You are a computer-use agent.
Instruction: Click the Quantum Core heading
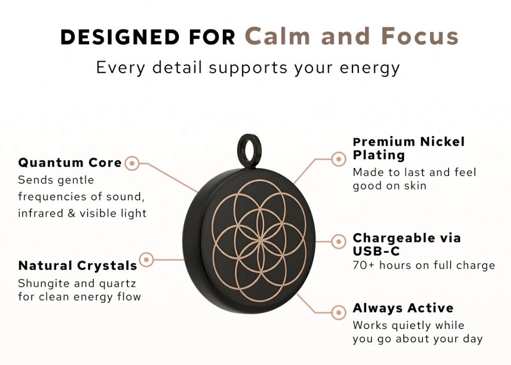pos(70,162)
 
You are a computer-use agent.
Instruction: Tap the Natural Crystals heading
pos(77,266)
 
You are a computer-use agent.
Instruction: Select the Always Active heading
pos(403,308)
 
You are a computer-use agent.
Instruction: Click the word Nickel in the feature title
pos(442,142)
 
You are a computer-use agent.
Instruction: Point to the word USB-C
pos(376,251)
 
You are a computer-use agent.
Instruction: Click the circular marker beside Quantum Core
pos(132,163)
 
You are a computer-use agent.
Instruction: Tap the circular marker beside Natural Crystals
pos(146,259)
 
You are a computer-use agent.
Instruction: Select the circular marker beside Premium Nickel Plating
pos(339,159)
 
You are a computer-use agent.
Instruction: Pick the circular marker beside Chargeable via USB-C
pos(339,242)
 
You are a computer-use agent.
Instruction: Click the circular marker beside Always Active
pos(339,312)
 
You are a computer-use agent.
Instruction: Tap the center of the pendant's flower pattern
pos(260,241)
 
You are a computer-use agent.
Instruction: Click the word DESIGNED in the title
pos(120,37)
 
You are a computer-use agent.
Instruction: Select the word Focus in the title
pos(420,36)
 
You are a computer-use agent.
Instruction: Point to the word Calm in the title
pos(277,36)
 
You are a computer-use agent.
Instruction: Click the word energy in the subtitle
pos(370,68)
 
